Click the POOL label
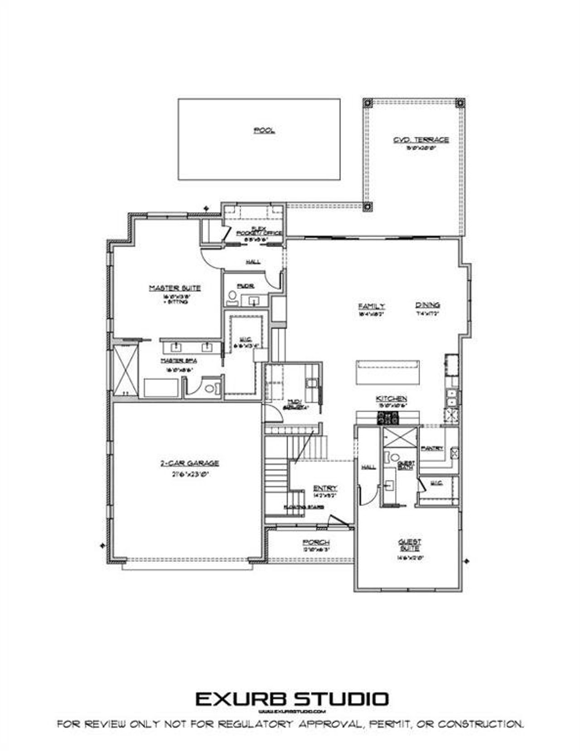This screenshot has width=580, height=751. coord(264,130)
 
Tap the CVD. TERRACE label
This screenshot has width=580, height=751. coord(421,140)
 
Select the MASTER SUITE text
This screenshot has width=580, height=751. coord(175,288)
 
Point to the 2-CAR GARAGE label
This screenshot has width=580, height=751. coord(189,463)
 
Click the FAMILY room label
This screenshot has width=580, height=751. coord(372,306)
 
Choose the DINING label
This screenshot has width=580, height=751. coord(428,305)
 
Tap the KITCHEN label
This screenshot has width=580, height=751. coord(391,399)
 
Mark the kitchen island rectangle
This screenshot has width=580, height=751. coord(388,372)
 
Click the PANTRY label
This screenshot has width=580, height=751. coord(432,448)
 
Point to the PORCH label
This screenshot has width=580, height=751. coord(316,542)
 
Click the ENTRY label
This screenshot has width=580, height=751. coord(325,488)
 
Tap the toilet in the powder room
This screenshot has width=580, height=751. coord(232,297)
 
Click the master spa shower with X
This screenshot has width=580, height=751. coord(126,370)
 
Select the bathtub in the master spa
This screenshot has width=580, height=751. coord(161,388)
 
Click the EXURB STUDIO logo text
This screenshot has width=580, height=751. coord(292,698)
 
